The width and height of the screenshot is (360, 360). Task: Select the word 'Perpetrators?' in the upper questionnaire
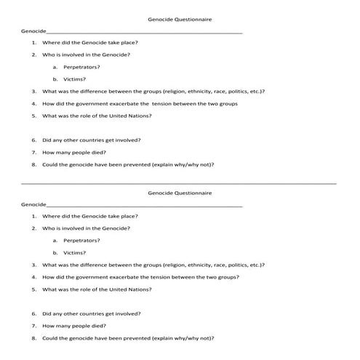pos(81,67)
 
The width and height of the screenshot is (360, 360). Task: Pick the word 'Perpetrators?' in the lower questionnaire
pos(81,240)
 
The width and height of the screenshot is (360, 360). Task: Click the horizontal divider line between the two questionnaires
pos(180,183)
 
